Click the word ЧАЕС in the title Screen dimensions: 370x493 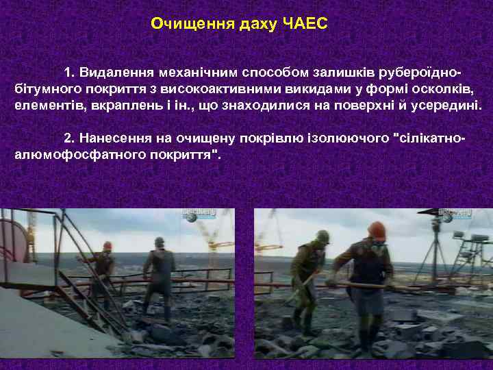(x=305, y=25)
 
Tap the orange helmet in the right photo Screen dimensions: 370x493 (x=375, y=230)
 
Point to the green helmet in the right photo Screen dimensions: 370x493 (x=320, y=236)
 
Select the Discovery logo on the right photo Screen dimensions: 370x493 (x=456, y=216)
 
